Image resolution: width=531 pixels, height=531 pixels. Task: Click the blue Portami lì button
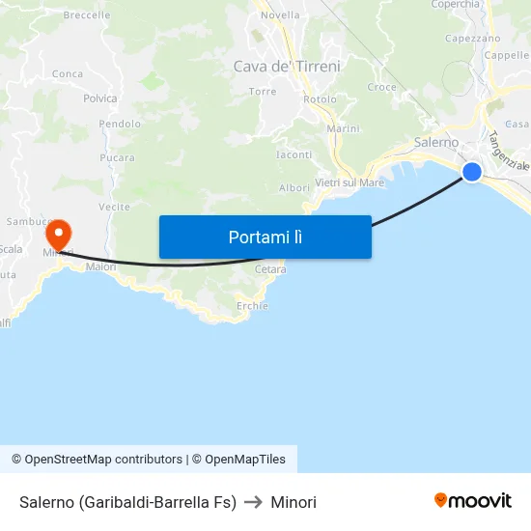pos(265,237)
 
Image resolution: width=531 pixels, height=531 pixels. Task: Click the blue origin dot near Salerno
pos(471,172)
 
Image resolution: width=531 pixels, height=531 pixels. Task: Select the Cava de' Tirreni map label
pos(287,67)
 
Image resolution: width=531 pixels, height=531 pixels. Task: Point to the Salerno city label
pos(436,142)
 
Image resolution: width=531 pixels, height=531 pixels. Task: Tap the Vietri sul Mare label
pos(349,182)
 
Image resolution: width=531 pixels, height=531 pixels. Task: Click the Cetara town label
pos(270,269)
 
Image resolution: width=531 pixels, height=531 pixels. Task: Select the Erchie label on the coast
pos(252,305)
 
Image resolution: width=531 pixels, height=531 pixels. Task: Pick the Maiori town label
pos(100,266)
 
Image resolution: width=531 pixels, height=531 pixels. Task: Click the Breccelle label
pos(86,15)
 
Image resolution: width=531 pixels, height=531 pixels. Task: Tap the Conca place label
pos(68,73)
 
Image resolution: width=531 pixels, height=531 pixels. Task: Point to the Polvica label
pos(100,98)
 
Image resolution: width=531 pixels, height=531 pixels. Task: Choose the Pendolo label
pos(120,124)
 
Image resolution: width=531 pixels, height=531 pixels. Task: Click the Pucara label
pos(117,156)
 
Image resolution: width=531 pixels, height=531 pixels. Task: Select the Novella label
pos(280,15)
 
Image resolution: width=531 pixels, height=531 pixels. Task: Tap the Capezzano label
pos(472,39)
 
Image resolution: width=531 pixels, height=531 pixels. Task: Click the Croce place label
pos(382,87)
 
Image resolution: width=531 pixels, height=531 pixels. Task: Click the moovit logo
pos(472,500)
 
